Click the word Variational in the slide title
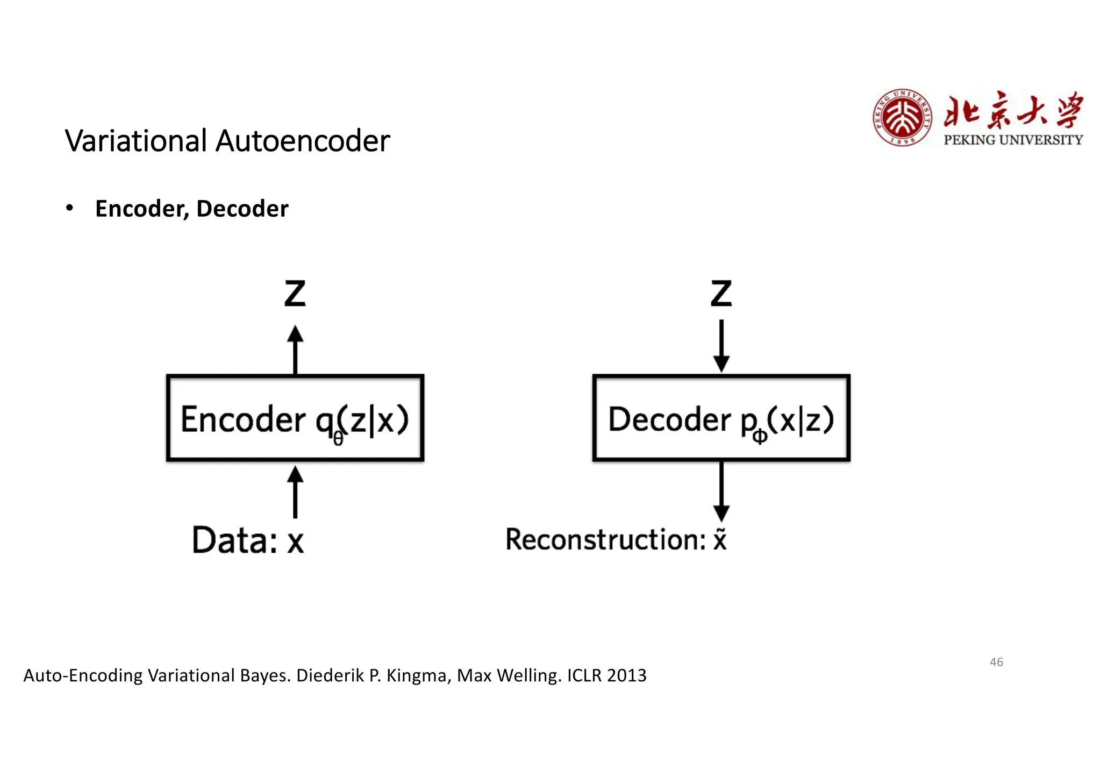click(x=136, y=141)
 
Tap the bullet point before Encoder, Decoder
click(x=69, y=208)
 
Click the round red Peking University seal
click(x=903, y=118)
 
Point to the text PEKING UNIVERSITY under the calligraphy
click(x=1013, y=140)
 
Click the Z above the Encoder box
click(x=295, y=294)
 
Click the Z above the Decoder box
click(x=721, y=294)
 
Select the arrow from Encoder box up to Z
click(x=295, y=349)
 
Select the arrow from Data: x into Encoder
click(x=295, y=491)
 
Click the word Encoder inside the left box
click(x=243, y=419)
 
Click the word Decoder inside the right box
click(x=670, y=419)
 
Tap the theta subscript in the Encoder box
click(x=338, y=439)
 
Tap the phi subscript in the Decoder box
click(x=760, y=436)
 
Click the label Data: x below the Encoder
click(x=248, y=540)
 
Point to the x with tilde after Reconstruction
click(x=720, y=539)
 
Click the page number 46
click(x=996, y=662)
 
